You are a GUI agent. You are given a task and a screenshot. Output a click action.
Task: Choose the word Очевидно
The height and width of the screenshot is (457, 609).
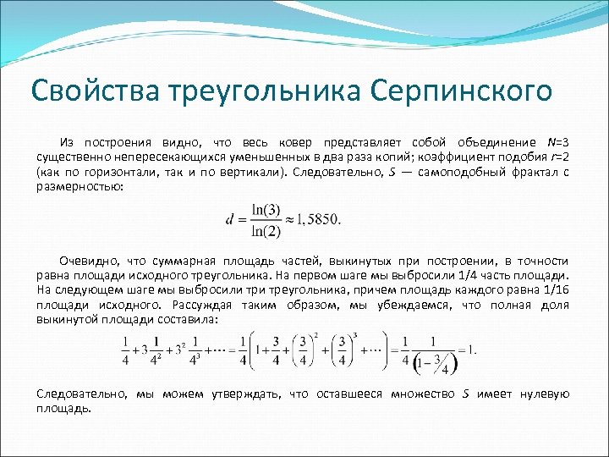click(85, 261)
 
